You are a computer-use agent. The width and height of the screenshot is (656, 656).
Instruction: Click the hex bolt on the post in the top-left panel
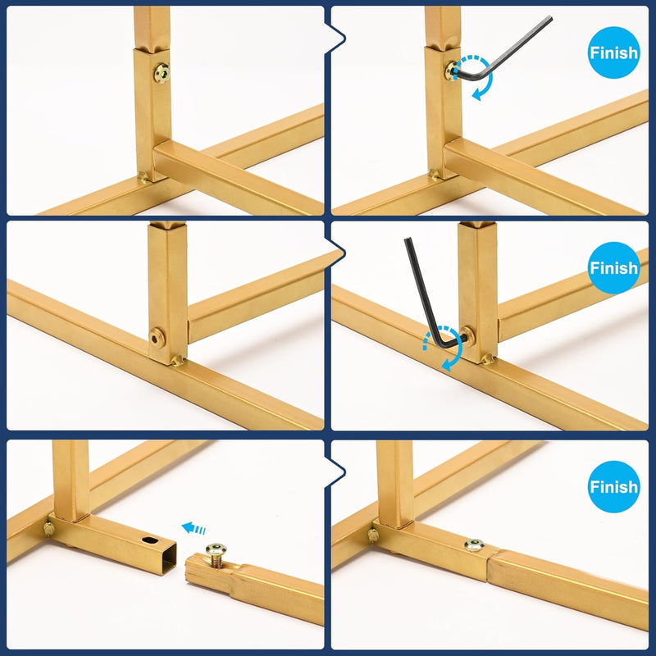coord(162,73)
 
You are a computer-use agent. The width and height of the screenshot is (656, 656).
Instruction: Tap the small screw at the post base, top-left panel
coord(143,177)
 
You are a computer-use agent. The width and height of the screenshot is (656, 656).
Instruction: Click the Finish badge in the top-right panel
coord(613,52)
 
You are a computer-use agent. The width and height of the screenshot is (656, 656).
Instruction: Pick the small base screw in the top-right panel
coord(434,174)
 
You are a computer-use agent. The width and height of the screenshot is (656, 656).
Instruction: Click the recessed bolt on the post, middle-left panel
coord(157,336)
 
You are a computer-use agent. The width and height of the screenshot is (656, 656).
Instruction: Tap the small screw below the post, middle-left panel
coord(178,360)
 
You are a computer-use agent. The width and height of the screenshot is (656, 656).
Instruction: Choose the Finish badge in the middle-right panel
coord(613,268)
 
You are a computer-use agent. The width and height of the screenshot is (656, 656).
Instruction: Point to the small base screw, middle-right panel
coord(487,358)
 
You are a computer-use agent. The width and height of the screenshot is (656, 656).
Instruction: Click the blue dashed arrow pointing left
coord(194,528)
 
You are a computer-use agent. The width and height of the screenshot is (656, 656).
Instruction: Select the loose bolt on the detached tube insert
coord(216,555)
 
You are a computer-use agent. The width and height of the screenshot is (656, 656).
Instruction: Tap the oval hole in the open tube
coord(150,540)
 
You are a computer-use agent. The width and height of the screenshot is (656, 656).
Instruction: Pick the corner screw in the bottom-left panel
coord(49,528)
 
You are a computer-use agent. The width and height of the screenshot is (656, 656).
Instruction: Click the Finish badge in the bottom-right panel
coord(613,486)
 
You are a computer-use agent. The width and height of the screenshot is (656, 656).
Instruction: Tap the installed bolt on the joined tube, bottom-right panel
coord(475,544)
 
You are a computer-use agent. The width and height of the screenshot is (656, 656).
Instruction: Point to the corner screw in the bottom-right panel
coord(372,535)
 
